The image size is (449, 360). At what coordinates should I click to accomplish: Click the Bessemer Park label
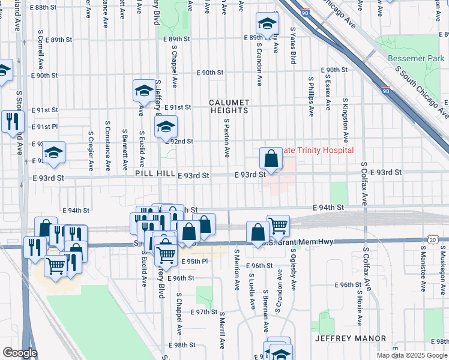click(415, 58)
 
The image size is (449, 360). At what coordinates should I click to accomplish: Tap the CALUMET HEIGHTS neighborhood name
click(229, 106)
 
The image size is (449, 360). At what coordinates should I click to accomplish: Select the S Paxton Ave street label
click(227, 137)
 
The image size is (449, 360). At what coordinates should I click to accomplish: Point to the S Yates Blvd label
click(294, 45)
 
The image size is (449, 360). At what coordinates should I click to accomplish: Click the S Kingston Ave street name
click(345, 118)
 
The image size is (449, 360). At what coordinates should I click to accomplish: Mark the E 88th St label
click(50, 7)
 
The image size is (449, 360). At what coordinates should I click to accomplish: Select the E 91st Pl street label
click(44, 127)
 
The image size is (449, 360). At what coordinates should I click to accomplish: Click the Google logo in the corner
click(19, 353)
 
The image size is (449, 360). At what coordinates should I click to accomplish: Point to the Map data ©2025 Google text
click(411, 355)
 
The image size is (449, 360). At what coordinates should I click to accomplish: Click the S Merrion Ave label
click(237, 269)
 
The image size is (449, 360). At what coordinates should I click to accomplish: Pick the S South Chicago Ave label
click(420, 90)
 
